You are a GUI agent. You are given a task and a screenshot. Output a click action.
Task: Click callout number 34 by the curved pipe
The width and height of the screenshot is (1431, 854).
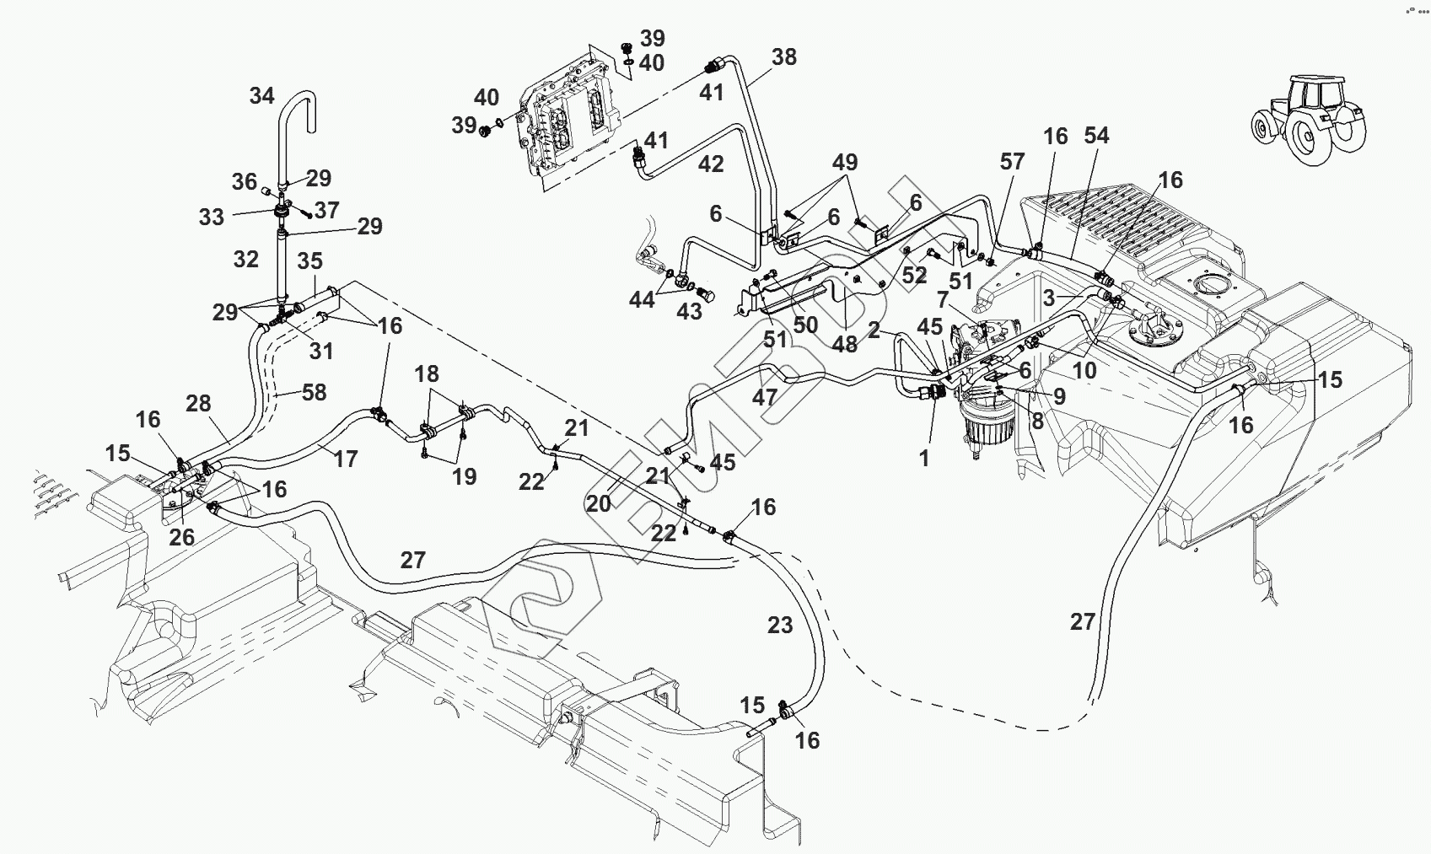coord(261,96)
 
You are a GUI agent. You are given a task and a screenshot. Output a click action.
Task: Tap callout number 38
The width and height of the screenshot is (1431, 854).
coord(783,57)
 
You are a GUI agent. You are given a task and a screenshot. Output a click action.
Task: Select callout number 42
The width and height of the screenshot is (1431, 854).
coord(711,164)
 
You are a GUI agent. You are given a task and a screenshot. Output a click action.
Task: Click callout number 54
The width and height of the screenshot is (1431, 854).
coord(1096,136)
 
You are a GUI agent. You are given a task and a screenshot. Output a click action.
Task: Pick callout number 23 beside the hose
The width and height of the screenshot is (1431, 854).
coord(780,626)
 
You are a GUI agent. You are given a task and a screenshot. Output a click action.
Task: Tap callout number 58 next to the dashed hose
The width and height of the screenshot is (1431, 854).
coord(314,392)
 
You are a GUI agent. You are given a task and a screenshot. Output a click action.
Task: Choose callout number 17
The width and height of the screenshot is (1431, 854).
coord(346,459)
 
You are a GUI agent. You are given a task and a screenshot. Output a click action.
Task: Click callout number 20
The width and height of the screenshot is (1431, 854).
coord(598,503)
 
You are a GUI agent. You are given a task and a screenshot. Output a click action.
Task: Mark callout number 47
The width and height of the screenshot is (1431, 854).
coord(765,396)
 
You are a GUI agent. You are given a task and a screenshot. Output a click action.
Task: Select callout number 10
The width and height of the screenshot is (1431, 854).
coord(1084,370)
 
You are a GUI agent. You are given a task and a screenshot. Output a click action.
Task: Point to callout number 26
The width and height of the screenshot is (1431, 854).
coord(181,537)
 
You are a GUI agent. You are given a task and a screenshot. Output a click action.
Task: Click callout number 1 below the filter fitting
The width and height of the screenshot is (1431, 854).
coord(924,459)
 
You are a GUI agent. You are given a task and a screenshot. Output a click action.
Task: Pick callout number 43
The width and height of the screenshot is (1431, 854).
coord(689,312)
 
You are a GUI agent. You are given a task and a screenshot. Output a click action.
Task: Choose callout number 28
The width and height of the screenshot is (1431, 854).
coord(198,403)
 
